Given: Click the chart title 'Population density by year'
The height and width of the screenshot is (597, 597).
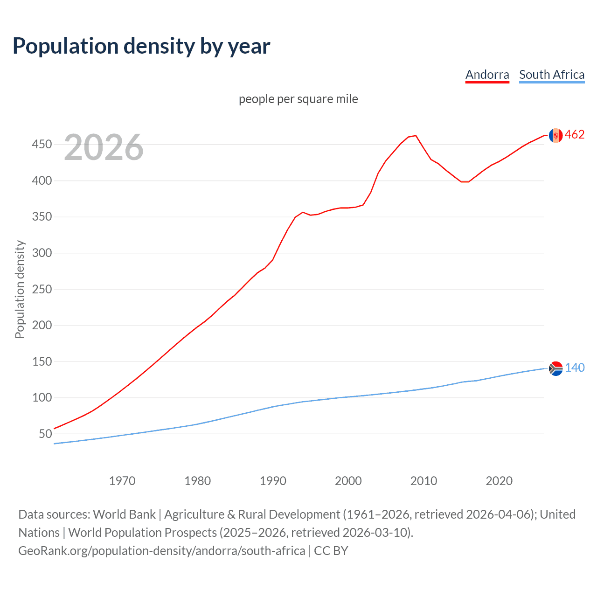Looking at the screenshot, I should pos(141,46).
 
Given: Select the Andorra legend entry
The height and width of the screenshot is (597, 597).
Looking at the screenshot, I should pos(487,75).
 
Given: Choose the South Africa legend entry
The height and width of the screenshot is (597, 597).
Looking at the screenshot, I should pos(551,75).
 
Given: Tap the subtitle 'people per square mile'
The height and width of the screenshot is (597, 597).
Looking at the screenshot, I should pos(298,99).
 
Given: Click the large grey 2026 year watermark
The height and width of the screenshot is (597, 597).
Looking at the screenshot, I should pos(104,147).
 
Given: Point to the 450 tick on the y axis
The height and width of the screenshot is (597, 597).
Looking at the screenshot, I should pos(42,145).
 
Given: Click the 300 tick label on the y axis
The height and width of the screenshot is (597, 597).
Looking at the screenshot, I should pos(42,253).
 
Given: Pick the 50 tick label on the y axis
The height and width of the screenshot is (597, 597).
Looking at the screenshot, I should pos(45,434).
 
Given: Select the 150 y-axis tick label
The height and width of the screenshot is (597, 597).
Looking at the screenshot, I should pos(42,362).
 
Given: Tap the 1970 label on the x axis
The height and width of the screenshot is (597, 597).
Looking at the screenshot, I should pos(122,481).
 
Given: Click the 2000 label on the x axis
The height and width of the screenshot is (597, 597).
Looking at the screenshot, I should pos(348,481).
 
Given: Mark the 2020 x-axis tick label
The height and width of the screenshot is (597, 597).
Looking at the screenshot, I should pos(499,481).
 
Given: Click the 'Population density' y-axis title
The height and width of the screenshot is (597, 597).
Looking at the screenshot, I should pos(20,289).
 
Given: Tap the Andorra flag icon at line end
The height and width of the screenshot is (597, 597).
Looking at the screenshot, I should pos(555,135).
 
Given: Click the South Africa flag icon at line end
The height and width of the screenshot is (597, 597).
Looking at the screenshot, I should pos(555,368).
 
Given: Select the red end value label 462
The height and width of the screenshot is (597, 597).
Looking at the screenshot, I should pos(575,135).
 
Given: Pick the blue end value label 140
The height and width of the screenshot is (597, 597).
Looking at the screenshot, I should pos(575,368).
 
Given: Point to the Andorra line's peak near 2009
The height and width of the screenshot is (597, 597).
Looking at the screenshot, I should pos(415,136).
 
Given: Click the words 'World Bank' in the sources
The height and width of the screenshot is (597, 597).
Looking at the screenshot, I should pos(124,514).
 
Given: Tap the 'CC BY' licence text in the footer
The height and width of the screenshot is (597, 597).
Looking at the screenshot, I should pos(331,551).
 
